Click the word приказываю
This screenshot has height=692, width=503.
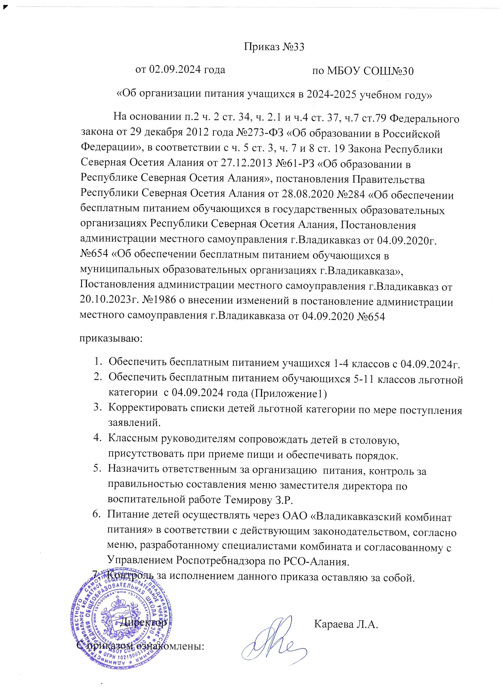point(111,338)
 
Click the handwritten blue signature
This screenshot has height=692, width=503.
point(272,638)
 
